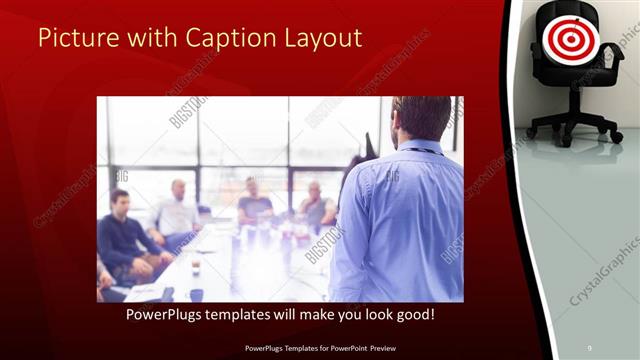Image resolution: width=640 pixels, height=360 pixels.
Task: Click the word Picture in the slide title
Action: [75, 39]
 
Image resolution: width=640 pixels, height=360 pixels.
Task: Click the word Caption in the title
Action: [228, 39]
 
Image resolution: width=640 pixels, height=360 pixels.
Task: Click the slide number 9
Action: [589, 347]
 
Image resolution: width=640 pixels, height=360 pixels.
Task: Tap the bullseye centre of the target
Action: [570, 37]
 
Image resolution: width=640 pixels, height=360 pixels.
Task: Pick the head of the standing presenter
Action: [421, 118]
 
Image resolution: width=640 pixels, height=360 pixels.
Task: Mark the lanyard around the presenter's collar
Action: [420, 150]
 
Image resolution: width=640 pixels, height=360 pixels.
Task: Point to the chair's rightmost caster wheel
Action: [616, 136]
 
